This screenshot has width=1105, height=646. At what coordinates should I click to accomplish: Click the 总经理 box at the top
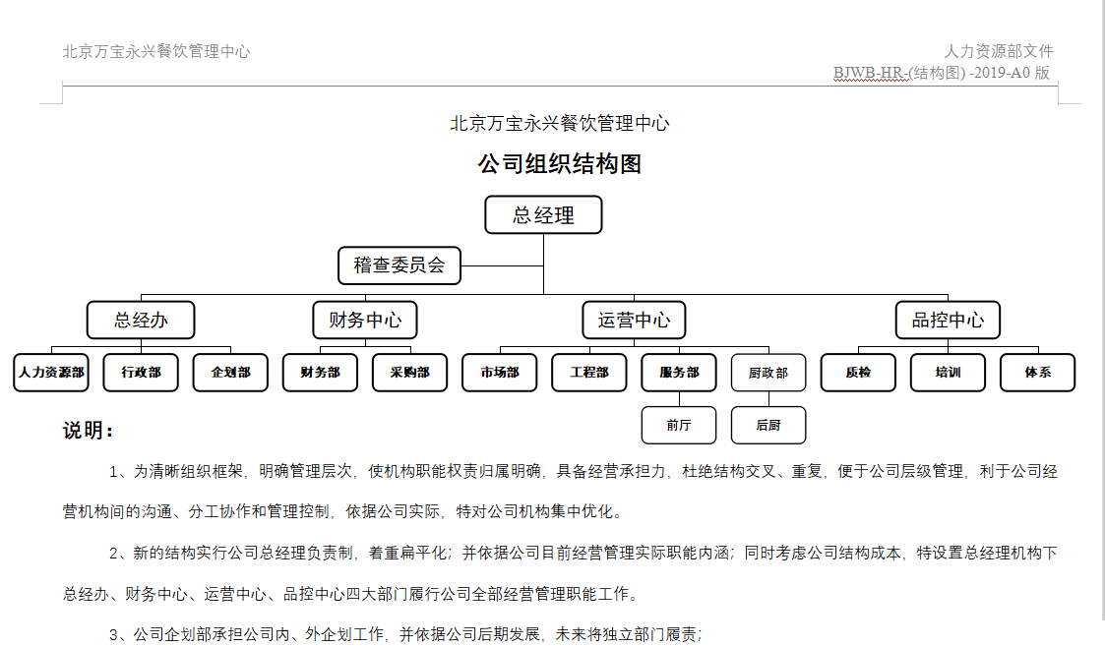pyautogui.click(x=543, y=215)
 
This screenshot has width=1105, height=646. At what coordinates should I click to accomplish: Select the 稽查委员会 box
pyautogui.click(x=399, y=265)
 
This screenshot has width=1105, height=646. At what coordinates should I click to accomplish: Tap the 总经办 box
pyautogui.click(x=141, y=321)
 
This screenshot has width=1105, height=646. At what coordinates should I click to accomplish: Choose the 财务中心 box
pyautogui.click(x=365, y=321)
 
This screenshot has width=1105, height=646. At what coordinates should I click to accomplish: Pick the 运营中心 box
pyautogui.click(x=634, y=321)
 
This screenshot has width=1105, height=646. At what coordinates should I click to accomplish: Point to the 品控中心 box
pyautogui.click(x=948, y=321)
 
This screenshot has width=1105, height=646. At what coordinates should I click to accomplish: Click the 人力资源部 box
pyautogui.click(x=51, y=373)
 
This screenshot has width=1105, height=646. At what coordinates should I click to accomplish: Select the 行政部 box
pyautogui.click(x=141, y=373)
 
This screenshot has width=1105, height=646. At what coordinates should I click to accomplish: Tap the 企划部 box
pyautogui.click(x=230, y=373)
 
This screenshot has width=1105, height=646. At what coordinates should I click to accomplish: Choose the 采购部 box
pyautogui.click(x=410, y=373)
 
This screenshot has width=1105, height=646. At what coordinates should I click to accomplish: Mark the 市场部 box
pyautogui.click(x=500, y=373)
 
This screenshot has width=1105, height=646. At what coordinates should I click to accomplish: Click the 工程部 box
pyautogui.click(x=589, y=373)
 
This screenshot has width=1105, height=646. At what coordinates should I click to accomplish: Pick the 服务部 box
pyautogui.click(x=679, y=373)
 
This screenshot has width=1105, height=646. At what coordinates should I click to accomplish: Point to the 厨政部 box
pyautogui.click(x=768, y=373)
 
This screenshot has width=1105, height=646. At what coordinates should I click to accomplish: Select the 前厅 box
pyautogui.click(x=679, y=425)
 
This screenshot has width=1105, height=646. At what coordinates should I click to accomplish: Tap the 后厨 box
pyautogui.click(x=768, y=425)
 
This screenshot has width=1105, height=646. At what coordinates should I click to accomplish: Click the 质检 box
pyautogui.click(x=858, y=373)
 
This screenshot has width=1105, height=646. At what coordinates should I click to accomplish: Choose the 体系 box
pyautogui.click(x=1037, y=373)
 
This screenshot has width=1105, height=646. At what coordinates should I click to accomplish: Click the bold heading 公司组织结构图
pyautogui.click(x=560, y=164)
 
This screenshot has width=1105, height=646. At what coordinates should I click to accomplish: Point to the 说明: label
pyautogui.click(x=89, y=431)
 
